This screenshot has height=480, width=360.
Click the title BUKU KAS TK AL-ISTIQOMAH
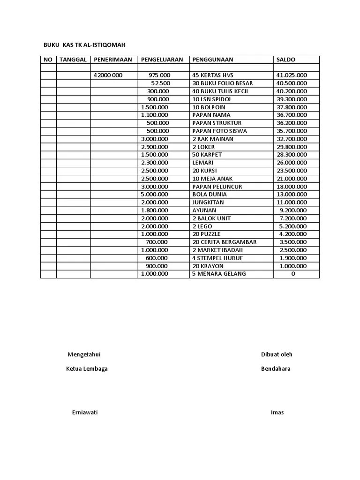click(84, 45)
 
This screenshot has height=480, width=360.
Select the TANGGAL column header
click(73, 60)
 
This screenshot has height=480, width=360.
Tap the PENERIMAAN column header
click(113, 60)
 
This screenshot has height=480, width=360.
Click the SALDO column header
click(286, 60)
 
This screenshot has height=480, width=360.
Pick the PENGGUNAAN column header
click(212, 60)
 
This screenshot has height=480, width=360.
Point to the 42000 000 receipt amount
click(108, 75)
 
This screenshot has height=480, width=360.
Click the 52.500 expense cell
click(160, 83)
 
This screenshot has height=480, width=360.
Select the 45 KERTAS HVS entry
click(213, 75)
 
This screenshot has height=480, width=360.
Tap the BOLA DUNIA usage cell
click(210, 195)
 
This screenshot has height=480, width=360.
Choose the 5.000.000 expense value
click(154, 195)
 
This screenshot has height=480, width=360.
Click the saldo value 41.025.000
click(292, 75)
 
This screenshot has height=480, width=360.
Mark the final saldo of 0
click(293, 274)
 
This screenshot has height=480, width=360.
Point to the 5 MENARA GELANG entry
click(219, 274)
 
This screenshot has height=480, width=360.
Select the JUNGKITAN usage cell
click(208, 202)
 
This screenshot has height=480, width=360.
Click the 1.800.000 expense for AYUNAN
click(154, 210)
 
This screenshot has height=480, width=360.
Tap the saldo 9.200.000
click(293, 210)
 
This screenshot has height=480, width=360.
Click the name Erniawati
click(85, 412)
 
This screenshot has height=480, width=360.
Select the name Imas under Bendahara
click(277, 412)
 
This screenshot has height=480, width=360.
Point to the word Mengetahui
click(84, 354)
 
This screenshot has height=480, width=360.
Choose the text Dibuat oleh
click(277, 354)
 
